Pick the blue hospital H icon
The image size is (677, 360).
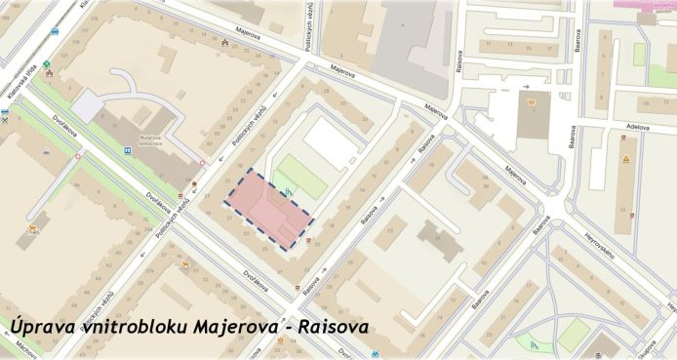tap(127, 151)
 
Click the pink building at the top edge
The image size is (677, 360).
tap(645, 4)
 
